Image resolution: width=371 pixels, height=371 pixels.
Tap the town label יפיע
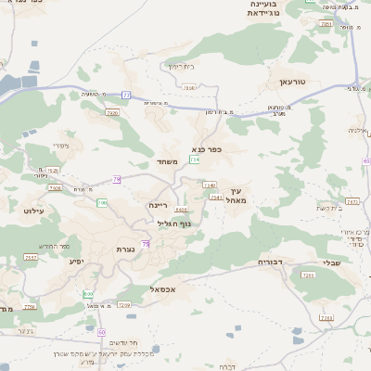[x=77, y=261]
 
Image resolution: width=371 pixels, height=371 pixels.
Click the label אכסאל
[x=163, y=289]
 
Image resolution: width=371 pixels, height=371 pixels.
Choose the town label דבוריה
[x=275, y=262]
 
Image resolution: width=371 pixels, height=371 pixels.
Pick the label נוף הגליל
[x=174, y=223]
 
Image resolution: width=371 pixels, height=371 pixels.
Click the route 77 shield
[x=125, y=95]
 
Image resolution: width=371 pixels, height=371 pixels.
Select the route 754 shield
[x=195, y=160]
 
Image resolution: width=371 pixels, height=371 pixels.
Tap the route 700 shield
[x=102, y=202]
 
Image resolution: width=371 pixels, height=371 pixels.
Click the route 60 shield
[x=102, y=332]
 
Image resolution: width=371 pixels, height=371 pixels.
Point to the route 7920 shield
[x=112, y=112]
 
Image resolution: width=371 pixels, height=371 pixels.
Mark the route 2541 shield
[x=215, y=197]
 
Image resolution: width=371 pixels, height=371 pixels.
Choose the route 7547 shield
[x=31, y=257]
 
